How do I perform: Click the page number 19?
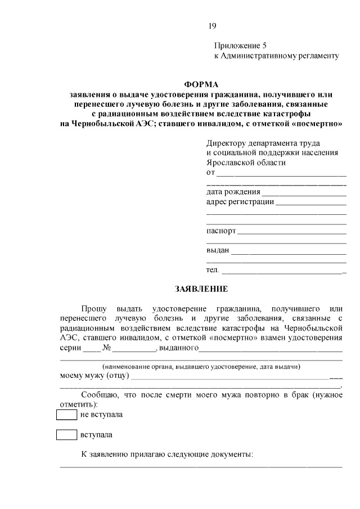pos(211,25)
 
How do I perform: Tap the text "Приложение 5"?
pos(236,45)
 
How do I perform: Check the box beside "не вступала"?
pos(66,415)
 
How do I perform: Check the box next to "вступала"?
pos(66,435)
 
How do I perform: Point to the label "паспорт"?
pos(221,231)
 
